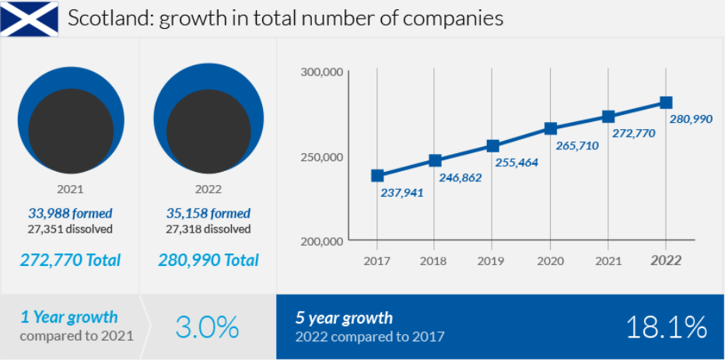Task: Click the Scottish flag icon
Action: point(30,18)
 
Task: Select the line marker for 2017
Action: point(377,176)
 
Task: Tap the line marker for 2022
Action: point(666,103)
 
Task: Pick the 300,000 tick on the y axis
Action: point(321,72)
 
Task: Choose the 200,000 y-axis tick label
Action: point(321,241)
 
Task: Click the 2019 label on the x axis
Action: point(492,261)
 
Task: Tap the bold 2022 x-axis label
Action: point(666,261)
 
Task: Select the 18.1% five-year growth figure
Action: point(667,327)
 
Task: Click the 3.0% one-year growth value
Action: point(206,328)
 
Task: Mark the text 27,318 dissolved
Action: point(208,229)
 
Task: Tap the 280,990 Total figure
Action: point(208,260)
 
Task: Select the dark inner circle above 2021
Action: point(70,131)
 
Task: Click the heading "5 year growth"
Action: point(344,318)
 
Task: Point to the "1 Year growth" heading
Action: point(69,317)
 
